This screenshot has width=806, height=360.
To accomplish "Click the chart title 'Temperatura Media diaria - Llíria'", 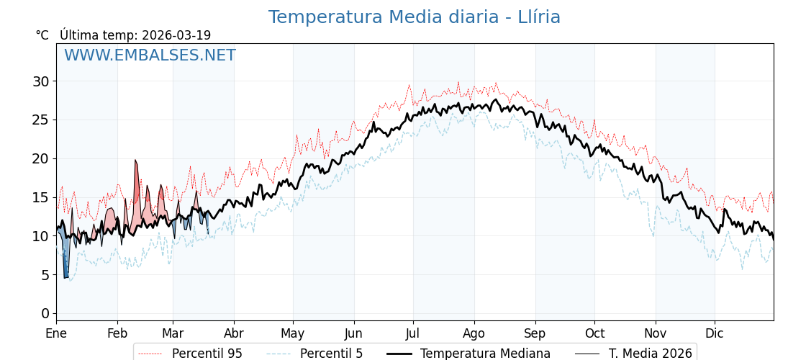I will coord(414,17).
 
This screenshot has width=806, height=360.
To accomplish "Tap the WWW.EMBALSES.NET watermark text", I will coord(150,55).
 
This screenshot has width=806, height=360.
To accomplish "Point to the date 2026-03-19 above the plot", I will coord(176,35).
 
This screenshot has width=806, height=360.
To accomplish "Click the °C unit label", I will coord(42,35).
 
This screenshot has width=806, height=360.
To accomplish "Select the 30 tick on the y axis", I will coord(40,81).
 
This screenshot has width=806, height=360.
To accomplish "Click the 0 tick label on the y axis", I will coord(45,313).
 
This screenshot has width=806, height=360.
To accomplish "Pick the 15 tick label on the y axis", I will coord(40,197).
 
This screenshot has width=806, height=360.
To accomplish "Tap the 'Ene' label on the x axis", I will coord(56,333).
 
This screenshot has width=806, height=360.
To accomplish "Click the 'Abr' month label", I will coord(234,333).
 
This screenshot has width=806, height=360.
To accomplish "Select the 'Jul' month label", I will coord(413,333).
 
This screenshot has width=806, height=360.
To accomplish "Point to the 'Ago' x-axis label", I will coord(474,333).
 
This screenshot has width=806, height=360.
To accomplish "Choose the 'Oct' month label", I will coord(594,333).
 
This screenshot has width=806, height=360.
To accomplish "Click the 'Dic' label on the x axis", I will coord(715,333).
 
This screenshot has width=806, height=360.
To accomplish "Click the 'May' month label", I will coord(292,333).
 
